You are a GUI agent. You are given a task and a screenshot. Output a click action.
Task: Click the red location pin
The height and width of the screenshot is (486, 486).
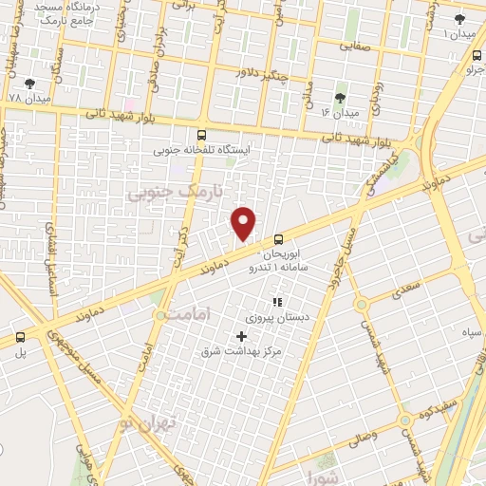click(244, 223)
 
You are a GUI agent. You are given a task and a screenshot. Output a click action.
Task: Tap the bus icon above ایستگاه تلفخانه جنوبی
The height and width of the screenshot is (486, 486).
click(201, 136)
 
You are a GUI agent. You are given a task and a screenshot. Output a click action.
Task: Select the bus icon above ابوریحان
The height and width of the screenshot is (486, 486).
click(278, 241)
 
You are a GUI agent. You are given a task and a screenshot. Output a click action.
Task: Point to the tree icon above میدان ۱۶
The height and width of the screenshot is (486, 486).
click(341, 98)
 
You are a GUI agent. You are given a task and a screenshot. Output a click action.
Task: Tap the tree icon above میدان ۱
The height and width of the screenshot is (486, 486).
click(459, 19)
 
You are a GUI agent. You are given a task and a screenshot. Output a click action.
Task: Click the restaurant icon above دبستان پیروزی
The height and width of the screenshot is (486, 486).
click(278, 302)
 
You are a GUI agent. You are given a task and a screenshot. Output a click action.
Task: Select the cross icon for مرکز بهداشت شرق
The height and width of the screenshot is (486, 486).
click(241, 336)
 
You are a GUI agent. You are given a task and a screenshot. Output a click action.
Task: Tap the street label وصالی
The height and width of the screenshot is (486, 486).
click(362, 437)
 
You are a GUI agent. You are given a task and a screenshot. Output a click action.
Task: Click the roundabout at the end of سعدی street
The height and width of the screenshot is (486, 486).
click(361, 305)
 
